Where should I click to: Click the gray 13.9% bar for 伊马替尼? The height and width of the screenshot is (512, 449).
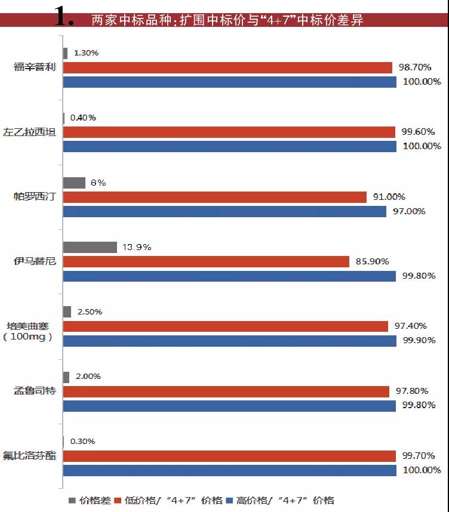(x=90, y=247)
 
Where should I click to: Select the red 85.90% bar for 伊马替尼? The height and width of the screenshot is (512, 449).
(x=206, y=261)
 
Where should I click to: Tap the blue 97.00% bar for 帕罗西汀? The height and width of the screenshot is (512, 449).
(x=223, y=211)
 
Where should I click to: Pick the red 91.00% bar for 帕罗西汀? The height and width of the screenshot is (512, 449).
(x=214, y=197)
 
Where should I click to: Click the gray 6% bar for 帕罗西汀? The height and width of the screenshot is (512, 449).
(x=74, y=183)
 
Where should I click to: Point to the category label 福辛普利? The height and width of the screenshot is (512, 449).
(x=35, y=67)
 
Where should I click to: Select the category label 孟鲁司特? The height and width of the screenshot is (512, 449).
(x=35, y=391)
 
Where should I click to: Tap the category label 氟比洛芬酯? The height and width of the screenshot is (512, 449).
(x=35, y=455)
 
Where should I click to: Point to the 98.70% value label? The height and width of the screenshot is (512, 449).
(x=414, y=67)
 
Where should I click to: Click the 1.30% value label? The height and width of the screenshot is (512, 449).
(x=86, y=53)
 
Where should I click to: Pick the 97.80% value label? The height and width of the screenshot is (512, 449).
(x=412, y=391)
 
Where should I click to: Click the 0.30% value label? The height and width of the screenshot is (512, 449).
(x=82, y=441)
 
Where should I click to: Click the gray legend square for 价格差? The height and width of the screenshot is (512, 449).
(x=72, y=500)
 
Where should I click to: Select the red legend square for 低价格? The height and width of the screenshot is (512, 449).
(x=118, y=500)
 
